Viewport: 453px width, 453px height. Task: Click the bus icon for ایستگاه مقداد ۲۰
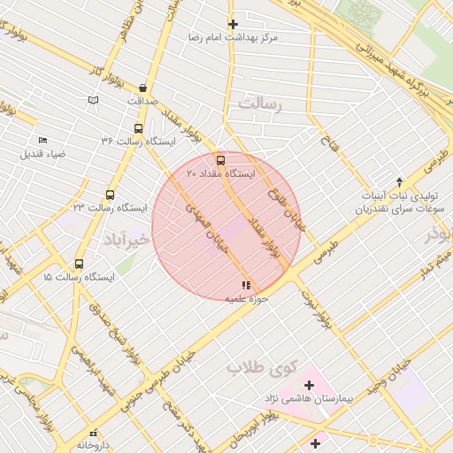(x=220, y=160)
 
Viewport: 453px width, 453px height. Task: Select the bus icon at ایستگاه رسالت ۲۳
(x=110, y=195)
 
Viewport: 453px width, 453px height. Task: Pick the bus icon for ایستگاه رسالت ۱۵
(x=79, y=264)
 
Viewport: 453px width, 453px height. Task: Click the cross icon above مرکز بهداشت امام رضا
(x=233, y=24)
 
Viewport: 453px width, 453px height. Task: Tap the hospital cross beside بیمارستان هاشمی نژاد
(x=309, y=385)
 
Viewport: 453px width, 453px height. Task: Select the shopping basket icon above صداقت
(x=142, y=87)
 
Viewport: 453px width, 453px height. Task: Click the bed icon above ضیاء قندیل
(x=42, y=140)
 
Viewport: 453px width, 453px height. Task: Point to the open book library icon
(x=93, y=101)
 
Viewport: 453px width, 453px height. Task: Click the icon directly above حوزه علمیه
(x=245, y=285)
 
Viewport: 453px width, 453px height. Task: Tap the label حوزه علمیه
(x=246, y=300)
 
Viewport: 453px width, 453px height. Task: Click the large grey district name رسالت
(x=257, y=105)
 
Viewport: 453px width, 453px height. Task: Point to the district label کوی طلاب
(x=233, y=366)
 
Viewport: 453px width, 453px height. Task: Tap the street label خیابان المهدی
(x=206, y=222)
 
